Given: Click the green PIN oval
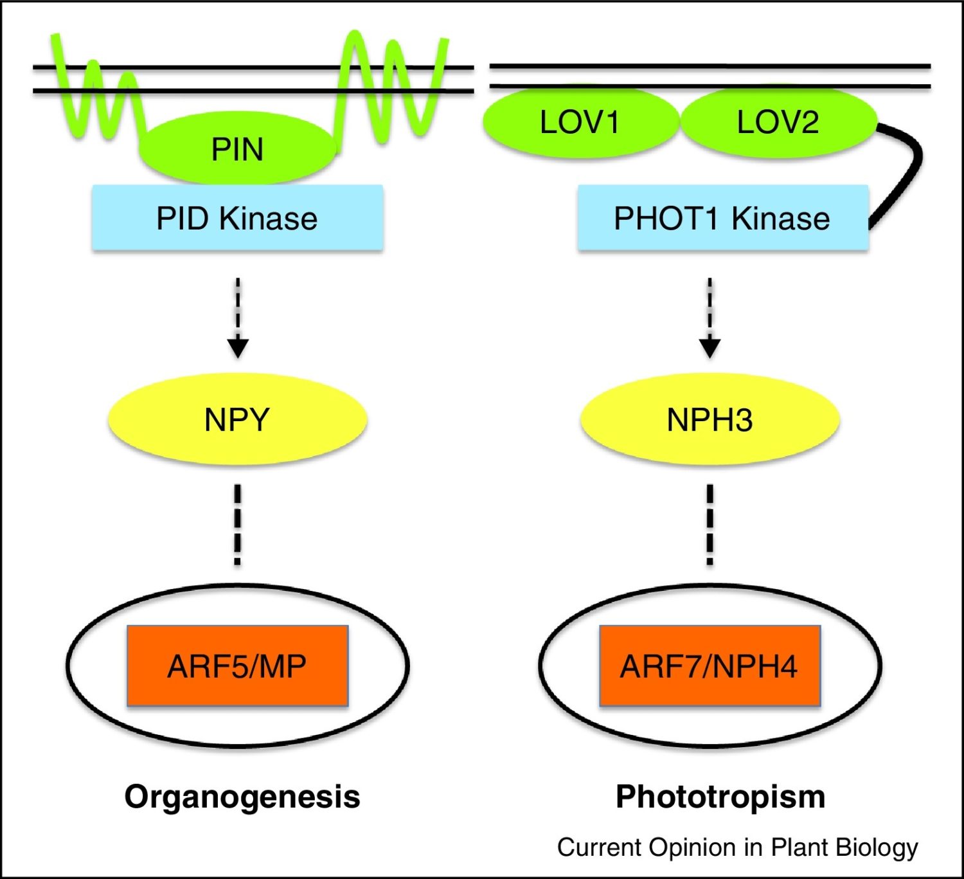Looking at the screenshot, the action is (237, 148).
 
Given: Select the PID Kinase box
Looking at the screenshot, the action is (237, 217).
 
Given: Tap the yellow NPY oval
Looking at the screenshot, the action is (237, 419).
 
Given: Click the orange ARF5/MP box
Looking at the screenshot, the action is (237, 666).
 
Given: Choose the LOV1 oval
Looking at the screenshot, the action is (580, 122).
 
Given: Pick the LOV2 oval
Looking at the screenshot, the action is (778, 122).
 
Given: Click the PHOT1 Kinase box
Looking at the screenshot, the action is (723, 217).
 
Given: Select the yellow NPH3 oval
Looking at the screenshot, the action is (710, 419).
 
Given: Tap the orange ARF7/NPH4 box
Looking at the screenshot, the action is (710, 666).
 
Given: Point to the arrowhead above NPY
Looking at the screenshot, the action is (238, 348).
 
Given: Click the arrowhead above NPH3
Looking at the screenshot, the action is (710, 348).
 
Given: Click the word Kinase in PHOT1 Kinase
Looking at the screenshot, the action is (780, 219).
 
